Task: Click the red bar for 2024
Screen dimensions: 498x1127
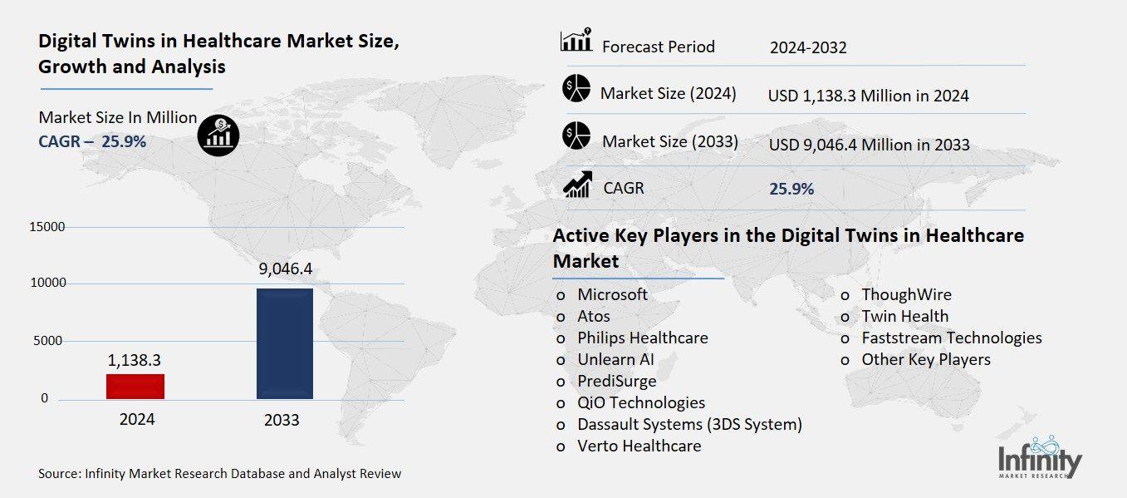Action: (x=136, y=387)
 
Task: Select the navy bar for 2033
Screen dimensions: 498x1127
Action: (x=285, y=343)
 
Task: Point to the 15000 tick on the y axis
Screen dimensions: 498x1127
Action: (x=47, y=227)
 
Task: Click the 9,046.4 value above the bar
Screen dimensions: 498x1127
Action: (x=285, y=269)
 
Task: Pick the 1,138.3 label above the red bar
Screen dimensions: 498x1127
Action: (x=135, y=360)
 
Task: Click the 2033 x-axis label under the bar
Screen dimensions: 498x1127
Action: (x=282, y=420)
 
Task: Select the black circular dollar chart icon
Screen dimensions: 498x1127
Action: (x=218, y=135)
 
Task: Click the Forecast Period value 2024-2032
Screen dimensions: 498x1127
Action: (x=808, y=47)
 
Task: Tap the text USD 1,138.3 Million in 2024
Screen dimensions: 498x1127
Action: (x=868, y=96)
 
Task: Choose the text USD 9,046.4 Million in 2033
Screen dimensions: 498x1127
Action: (x=869, y=145)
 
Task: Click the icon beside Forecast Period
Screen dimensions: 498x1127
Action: (x=576, y=42)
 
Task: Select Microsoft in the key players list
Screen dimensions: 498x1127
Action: (x=612, y=294)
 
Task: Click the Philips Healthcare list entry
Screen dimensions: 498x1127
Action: (x=642, y=338)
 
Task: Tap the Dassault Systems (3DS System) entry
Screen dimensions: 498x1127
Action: (x=689, y=424)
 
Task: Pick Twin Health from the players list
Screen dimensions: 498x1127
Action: (x=904, y=316)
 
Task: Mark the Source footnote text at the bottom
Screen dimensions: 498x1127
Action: (x=219, y=474)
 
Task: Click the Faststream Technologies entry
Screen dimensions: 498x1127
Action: (x=951, y=338)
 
